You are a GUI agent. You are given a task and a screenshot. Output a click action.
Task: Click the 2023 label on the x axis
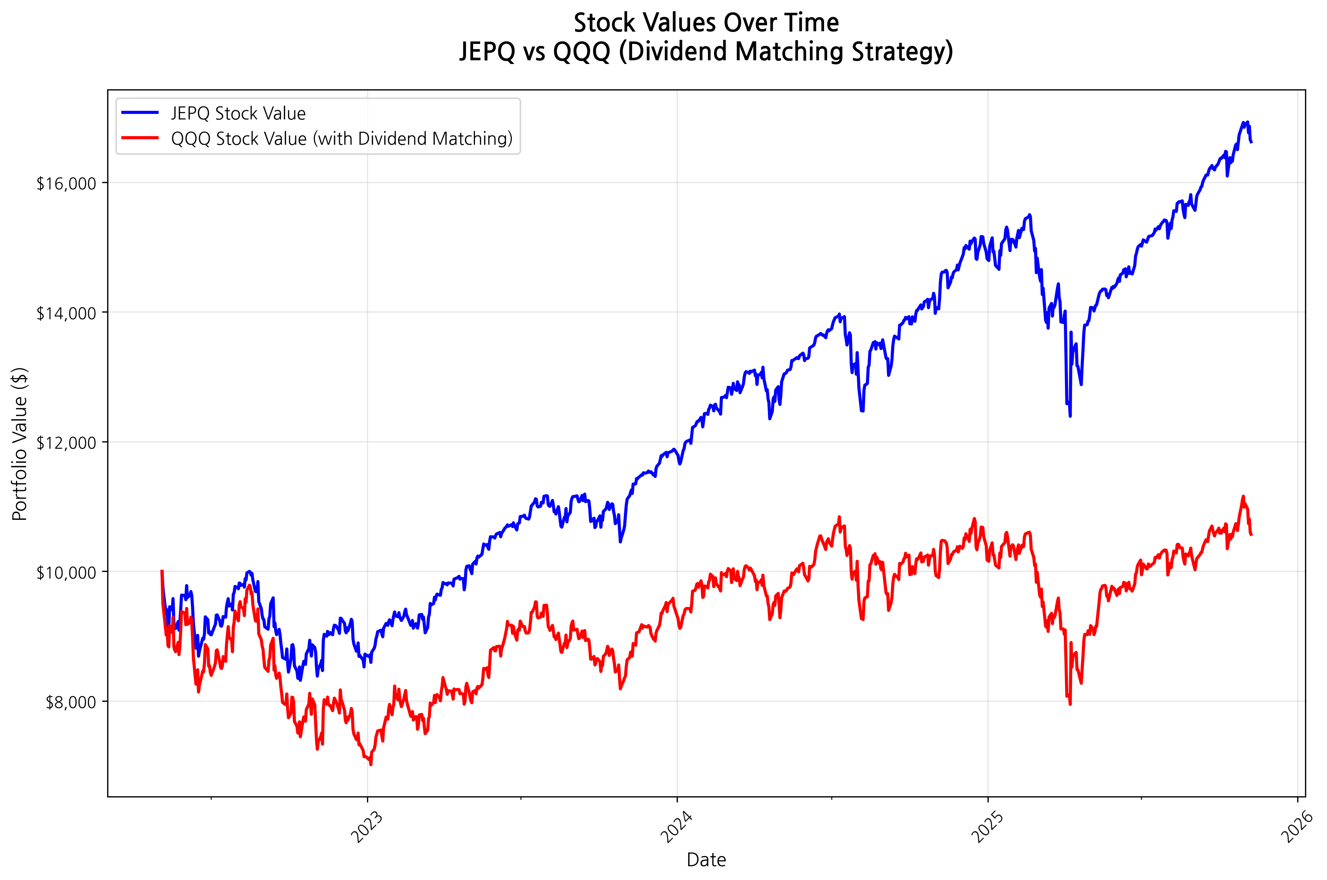pyautogui.click(x=367, y=827)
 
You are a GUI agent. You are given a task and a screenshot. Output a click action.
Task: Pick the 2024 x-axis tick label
pyautogui.click(x=676, y=827)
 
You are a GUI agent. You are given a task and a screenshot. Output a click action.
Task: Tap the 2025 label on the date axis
pyautogui.click(x=988, y=827)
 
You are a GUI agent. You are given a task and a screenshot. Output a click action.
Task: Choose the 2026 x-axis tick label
pyautogui.click(x=1297, y=827)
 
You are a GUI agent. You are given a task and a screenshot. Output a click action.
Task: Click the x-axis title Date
pyautogui.click(x=706, y=860)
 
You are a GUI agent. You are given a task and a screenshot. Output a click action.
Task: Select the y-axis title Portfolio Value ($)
pyautogui.click(x=20, y=444)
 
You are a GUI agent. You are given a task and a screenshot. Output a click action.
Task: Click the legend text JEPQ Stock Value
pyautogui.click(x=238, y=113)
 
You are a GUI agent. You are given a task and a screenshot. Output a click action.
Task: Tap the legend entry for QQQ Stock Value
pyautogui.click(x=341, y=139)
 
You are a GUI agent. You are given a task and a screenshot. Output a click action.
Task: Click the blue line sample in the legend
pyautogui.click(x=140, y=113)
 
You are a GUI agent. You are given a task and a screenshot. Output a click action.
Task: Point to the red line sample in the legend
pyautogui.click(x=140, y=138)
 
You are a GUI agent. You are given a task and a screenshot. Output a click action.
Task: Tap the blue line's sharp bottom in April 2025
pyautogui.click(x=1070, y=416)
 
